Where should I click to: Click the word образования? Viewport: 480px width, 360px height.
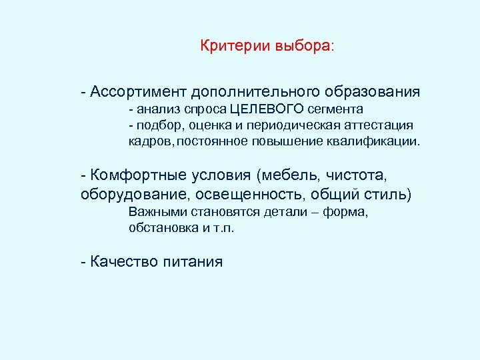click(373, 91)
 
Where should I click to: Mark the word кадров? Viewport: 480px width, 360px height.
click(150, 141)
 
